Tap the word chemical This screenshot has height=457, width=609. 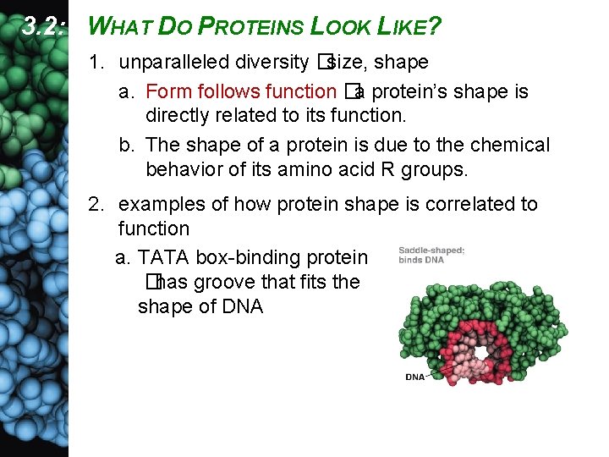pos(510,145)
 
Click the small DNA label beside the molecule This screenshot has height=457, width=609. pos(415,377)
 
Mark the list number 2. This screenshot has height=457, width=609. pos(96,204)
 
